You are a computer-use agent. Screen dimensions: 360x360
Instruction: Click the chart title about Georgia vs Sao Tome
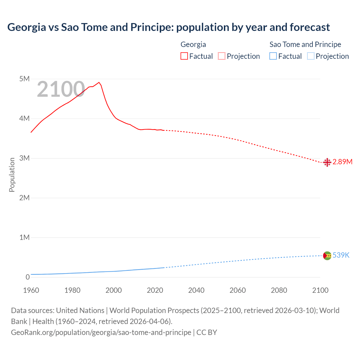[x=168, y=27]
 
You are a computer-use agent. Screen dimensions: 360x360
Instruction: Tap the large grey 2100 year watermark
[x=61, y=89]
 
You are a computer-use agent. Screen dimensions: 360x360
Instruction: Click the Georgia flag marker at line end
[x=327, y=162]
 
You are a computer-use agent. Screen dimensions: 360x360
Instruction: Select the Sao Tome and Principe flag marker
[x=327, y=256]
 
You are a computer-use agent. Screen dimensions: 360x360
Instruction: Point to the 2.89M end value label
[x=342, y=162]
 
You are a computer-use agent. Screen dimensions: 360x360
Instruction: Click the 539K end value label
[x=341, y=255]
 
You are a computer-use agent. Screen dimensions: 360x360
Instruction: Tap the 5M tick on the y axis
[x=24, y=79]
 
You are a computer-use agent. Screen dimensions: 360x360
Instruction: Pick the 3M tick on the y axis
[x=24, y=158]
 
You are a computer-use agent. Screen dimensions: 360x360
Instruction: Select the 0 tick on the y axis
[x=28, y=277]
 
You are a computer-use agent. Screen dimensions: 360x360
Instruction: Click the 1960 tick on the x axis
[x=31, y=290]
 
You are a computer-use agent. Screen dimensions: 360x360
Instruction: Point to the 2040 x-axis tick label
[x=196, y=290]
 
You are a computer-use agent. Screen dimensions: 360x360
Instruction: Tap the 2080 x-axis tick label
[x=279, y=290]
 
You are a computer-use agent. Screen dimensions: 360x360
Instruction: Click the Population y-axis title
[x=12, y=175]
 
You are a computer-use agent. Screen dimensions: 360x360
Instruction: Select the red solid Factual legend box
[x=184, y=56]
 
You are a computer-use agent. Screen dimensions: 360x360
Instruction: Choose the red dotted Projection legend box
[x=222, y=56]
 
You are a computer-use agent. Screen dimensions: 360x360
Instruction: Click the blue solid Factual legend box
[x=273, y=56]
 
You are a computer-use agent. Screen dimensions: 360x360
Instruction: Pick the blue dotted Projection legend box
[x=310, y=56]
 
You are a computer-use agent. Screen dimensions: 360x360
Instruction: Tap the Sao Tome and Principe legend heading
[x=305, y=44]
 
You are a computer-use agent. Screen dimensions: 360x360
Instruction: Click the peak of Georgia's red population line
[x=99, y=82]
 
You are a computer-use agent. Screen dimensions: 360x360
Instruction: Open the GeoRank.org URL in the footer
[x=101, y=332]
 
